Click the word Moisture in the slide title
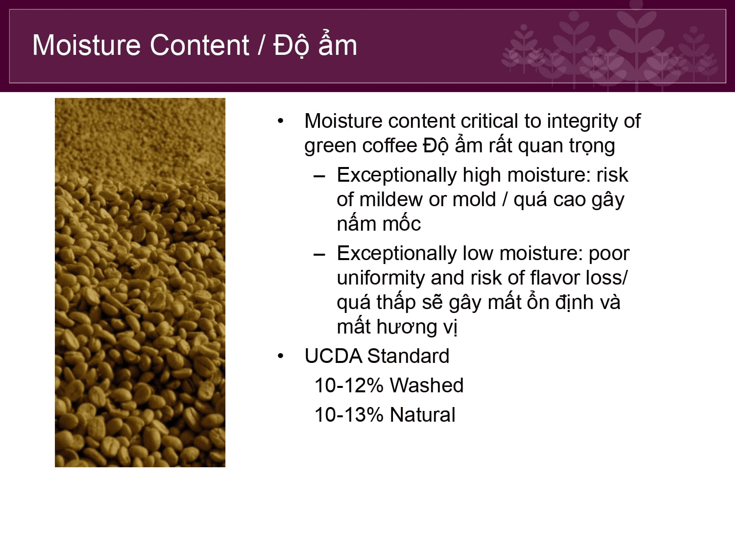tap(86, 45)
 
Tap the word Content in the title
tap(199, 45)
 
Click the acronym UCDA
tap(333, 356)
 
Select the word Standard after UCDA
tap(408, 356)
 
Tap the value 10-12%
tap(349, 385)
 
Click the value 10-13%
tap(349, 415)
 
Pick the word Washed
tap(427, 385)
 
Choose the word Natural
tap(422, 415)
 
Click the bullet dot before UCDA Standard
tap(280, 356)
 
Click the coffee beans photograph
tap(140, 283)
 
